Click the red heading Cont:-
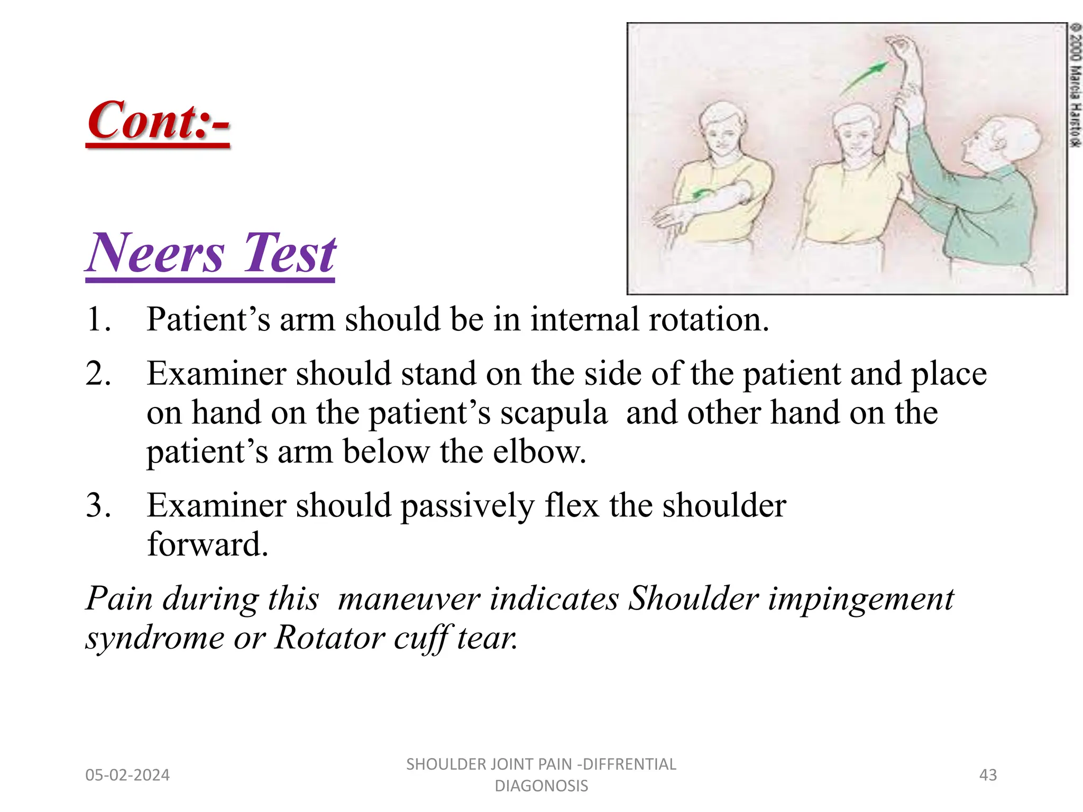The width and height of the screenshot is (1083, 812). pyautogui.click(x=159, y=122)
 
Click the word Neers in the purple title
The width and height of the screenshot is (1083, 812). pyautogui.click(x=157, y=254)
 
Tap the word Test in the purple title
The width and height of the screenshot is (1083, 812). pyautogui.click(x=289, y=254)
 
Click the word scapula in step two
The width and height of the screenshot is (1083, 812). pyautogui.click(x=554, y=413)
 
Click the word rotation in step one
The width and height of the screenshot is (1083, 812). pyautogui.click(x=708, y=320)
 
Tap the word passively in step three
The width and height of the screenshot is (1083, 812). pyautogui.click(x=467, y=506)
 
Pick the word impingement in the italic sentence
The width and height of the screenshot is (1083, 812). pyautogui.click(x=861, y=599)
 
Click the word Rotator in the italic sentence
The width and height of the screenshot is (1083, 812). pyautogui.click(x=329, y=638)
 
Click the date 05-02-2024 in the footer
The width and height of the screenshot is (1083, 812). pyautogui.click(x=127, y=775)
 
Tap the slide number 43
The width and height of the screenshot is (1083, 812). pyautogui.click(x=988, y=775)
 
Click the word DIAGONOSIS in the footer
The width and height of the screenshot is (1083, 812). pyautogui.click(x=541, y=786)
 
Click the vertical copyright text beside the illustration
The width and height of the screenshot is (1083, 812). pyautogui.click(x=1075, y=85)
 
